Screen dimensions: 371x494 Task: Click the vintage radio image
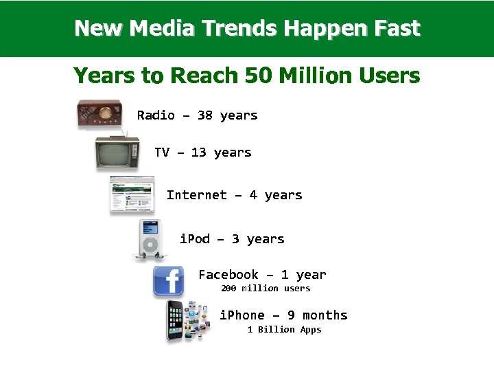tap(99, 114)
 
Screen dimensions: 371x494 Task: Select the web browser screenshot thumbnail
tap(132, 195)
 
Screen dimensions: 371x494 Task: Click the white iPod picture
tap(150, 239)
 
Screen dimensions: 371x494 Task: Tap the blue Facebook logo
tap(168, 281)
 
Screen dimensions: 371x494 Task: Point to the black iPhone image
tap(177, 320)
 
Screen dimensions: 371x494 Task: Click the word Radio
tap(156, 115)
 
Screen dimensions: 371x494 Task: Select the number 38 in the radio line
tap(204, 115)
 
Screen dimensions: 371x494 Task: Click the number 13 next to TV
tap(198, 153)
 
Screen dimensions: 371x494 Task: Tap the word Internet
tap(196, 195)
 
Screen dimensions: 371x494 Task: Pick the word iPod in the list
tap(195, 239)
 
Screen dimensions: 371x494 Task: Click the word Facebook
tap(228, 275)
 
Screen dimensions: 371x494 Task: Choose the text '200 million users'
tap(266, 289)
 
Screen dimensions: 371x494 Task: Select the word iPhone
tap(242, 315)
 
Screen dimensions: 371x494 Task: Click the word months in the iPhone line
tap(325, 315)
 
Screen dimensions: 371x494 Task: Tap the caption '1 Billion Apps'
tap(284, 330)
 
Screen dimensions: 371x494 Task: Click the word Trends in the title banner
tap(239, 28)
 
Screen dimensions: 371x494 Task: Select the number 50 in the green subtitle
tap(258, 75)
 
